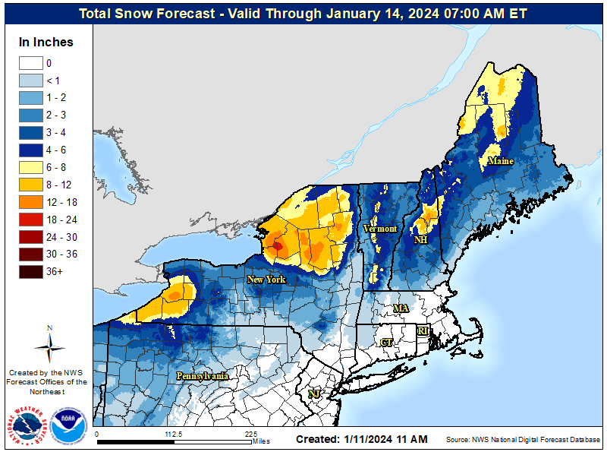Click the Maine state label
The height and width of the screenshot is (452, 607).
coord(500,161)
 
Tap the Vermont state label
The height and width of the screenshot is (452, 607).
coord(379,229)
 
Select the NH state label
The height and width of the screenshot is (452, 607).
coord(419,239)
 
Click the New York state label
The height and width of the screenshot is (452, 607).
coord(266,280)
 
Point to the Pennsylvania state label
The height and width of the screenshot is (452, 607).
coord(202,376)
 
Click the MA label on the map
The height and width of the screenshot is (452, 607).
coord(401,308)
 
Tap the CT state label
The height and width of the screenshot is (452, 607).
coord(386,343)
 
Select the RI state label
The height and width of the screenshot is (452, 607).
coord(423,331)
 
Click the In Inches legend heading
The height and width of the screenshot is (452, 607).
coord(46,43)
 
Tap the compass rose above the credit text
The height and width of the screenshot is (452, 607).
coord(49,346)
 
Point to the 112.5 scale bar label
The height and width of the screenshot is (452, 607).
coord(174,435)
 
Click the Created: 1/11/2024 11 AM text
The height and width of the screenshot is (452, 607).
coord(361,439)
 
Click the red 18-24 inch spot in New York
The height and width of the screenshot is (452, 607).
coord(277,245)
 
